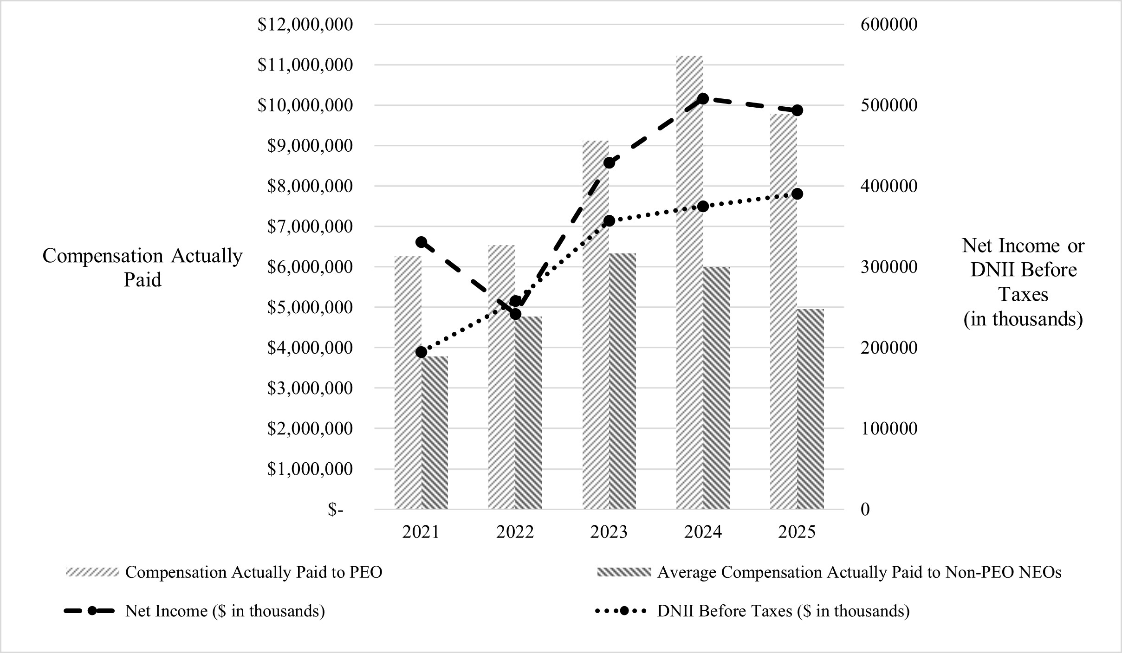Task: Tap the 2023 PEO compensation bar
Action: (x=596, y=325)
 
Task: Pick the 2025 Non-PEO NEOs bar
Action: (x=811, y=408)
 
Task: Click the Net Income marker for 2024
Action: (x=703, y=98)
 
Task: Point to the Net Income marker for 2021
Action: (x=422, y=242)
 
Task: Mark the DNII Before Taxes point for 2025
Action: (x=797, y=194)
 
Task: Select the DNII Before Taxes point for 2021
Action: (x=422, y=352)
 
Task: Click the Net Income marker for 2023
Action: (x=609, y=162)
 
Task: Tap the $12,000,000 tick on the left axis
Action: (x=305, y=24)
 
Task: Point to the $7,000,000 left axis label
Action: (x=310, y=226)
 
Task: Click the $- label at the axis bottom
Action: (x=336, y=510)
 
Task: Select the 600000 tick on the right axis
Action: (x=889, y=24)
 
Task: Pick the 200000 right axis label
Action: (x=889, y=348)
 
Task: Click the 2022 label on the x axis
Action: (x=515, y=532)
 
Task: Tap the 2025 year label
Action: (x=797, y=532)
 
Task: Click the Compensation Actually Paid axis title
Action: (x=143, y=268)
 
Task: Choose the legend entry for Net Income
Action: (x=225, y=611)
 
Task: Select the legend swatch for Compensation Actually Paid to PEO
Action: (x=92, y=572)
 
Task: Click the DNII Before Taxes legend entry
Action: (x=783, y=611)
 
